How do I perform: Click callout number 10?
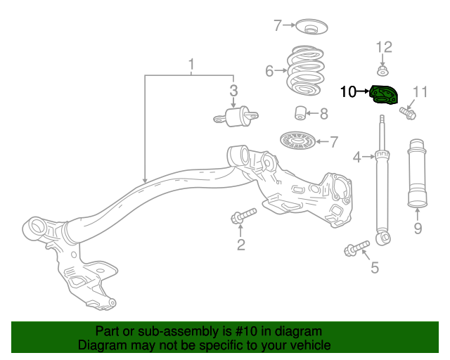pos(349,91)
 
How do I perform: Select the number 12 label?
pos(383,47)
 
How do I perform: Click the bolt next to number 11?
pos(407,111)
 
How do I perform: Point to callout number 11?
pos(420,91)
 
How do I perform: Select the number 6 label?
pos(269,70)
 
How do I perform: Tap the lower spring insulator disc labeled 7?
pos(299,141)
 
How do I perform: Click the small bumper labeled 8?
pos(300,112)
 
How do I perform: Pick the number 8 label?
pos(323,113)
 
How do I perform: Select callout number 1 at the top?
pos(191,65)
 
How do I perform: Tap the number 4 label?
pos(357,157)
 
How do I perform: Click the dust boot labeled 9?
pos(418,174)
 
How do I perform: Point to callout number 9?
pos(418,228)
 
